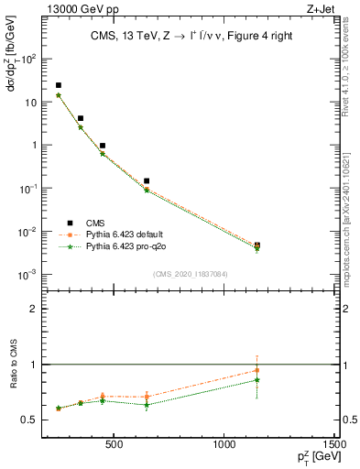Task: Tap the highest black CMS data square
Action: click(59, 85)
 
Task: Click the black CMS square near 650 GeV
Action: click(147, 181)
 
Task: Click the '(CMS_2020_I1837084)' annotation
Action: click(191, 274)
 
